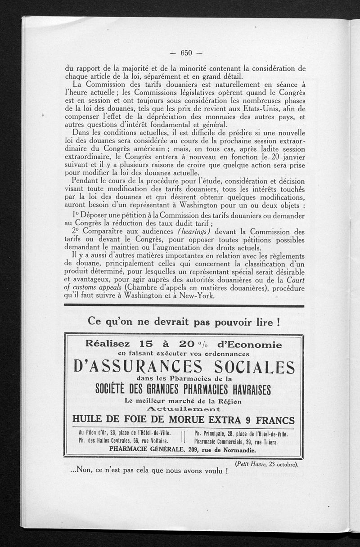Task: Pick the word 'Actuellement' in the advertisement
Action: point(184,409)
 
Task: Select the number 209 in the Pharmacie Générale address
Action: point(190,449)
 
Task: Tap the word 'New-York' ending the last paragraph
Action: point(199,296)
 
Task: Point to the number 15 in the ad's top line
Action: point(147,345)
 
